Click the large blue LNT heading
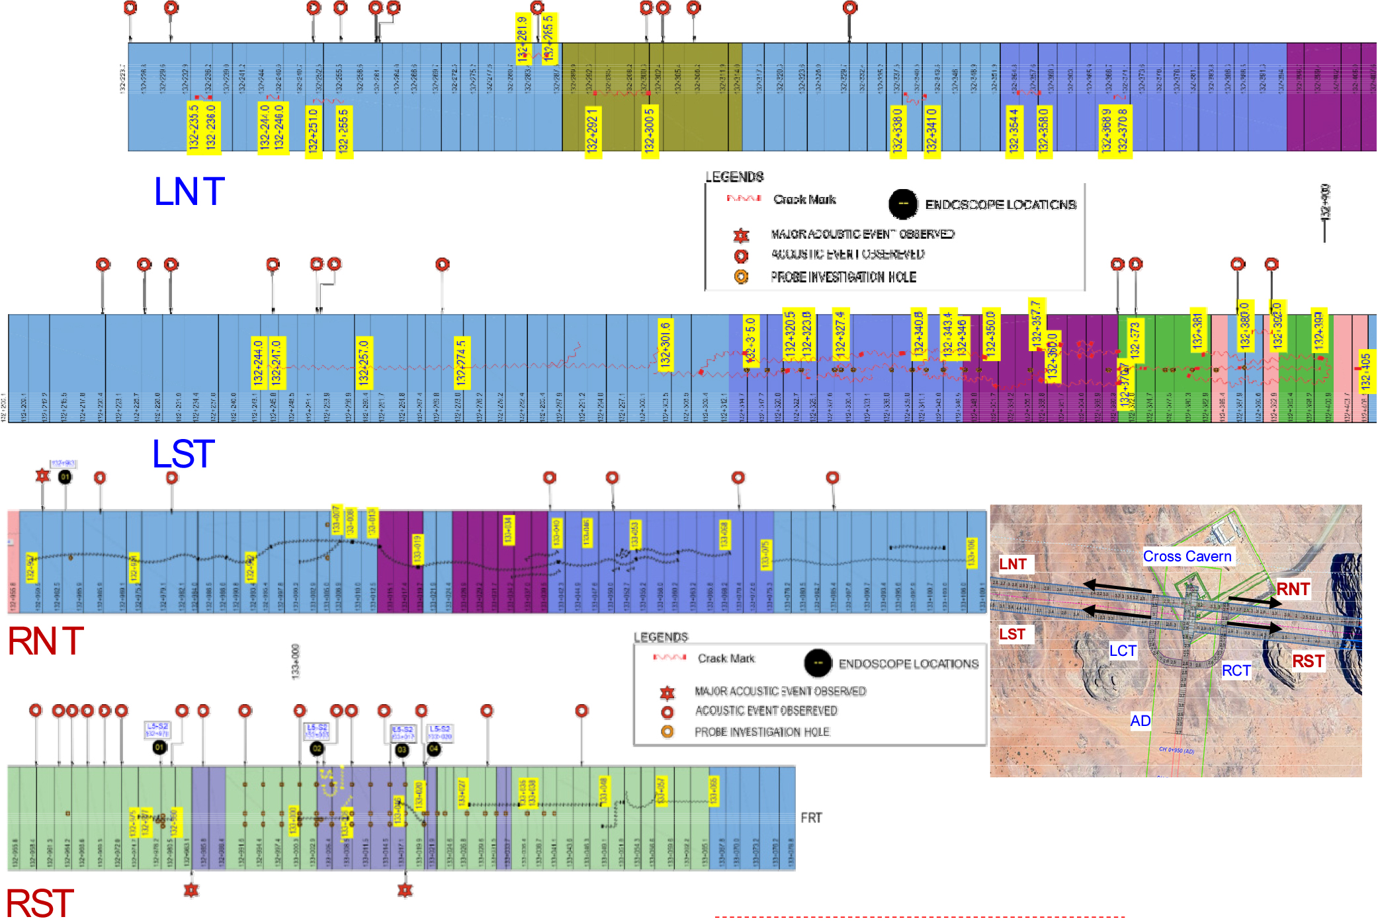point(189,192)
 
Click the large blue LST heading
point(183,454)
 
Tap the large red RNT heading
point(46,641)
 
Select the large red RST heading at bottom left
point(40,903)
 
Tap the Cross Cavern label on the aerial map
point(1187,557)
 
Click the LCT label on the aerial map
point(1123,651)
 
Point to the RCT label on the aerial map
point(1236,671)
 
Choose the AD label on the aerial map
point(1140,721)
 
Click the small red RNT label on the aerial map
point(1293,589)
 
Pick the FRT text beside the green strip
point(811,818)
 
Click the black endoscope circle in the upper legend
point(903,204)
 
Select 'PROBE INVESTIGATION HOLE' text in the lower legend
point(761,732)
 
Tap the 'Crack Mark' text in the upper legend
point(804,200)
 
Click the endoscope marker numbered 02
point(317,748)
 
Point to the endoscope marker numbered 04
point(433,748)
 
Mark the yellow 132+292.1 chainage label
point(592,130)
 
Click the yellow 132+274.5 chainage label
point(461,362)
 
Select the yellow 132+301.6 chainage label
point(665,344)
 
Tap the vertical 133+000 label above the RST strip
point(295,661)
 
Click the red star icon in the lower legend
point(667,692)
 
